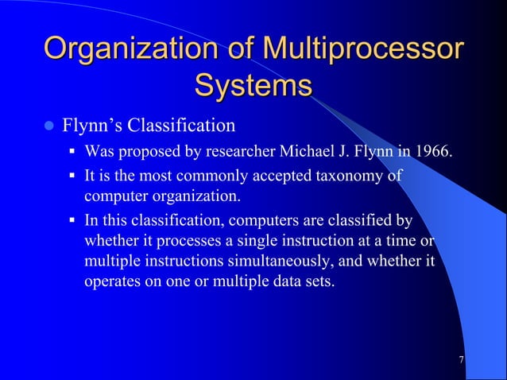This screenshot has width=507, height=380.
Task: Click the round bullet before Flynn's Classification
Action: tap(48, 126)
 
